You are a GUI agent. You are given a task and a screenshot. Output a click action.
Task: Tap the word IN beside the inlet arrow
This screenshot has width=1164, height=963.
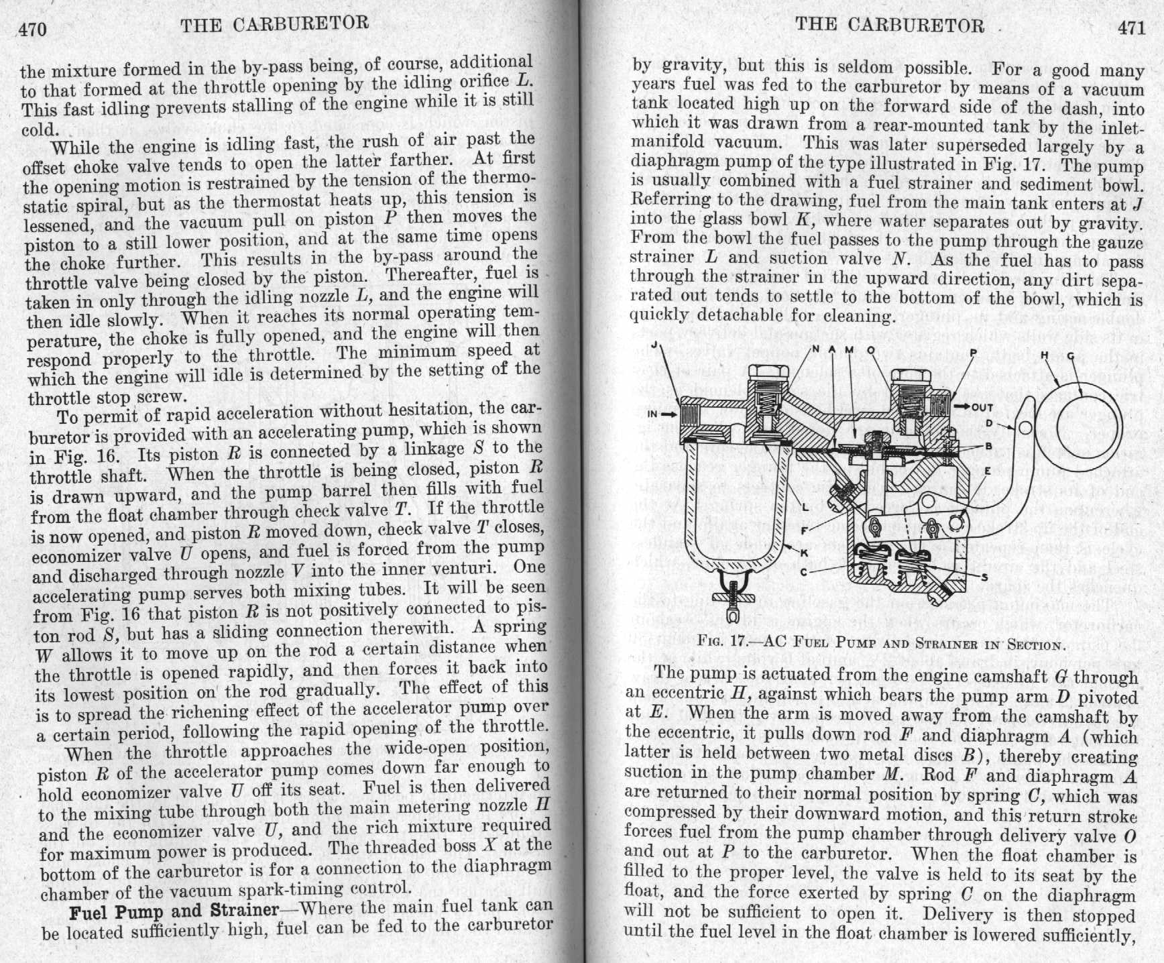point(652,414)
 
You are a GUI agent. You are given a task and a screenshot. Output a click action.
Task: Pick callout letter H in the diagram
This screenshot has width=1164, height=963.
point(1043,354)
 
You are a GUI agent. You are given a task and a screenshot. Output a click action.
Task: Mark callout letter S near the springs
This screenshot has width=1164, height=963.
point(984,576)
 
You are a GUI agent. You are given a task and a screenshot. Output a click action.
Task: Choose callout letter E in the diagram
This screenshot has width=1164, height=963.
point(987,471)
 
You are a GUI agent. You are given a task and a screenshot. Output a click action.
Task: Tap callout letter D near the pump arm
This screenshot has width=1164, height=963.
point(988,423)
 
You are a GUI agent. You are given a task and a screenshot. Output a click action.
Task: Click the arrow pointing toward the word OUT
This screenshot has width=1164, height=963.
point(962,407)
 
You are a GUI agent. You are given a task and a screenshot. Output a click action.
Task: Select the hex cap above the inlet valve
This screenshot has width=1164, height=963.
point(766,373)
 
